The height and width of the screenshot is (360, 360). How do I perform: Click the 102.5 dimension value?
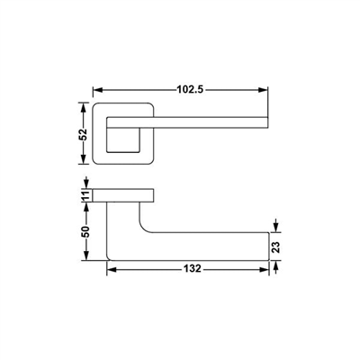click(x=190, y=89)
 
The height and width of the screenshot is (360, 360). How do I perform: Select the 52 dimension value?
click(x=83, y=134)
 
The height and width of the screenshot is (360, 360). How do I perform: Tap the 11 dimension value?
click(x=86, y=196)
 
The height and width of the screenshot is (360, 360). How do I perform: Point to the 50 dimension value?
click(x=85, y=231)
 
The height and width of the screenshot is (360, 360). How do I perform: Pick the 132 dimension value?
click(x=193, y=268)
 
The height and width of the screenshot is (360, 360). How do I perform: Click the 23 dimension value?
click(x=276, y=247)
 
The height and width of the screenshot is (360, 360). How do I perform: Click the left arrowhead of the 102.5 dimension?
click(x=98, y=90)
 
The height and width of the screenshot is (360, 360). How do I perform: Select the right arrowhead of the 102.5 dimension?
click(x=263, y=90)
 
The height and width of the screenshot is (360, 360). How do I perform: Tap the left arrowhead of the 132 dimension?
click(x=112, y=270)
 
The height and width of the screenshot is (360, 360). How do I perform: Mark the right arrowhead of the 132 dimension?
click(x=264, y=270)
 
